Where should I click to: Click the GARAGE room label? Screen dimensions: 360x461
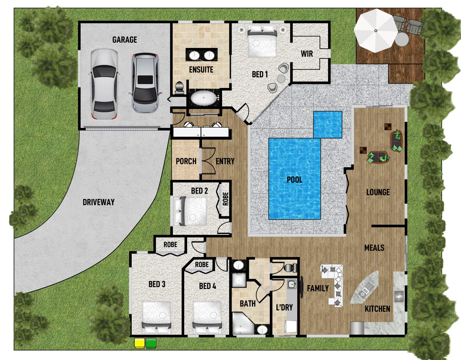click(124, 40)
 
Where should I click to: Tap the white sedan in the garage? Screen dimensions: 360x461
click(104, 84)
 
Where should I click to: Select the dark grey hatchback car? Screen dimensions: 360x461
click(145, 83)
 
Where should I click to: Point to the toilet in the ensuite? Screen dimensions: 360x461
click(179, 87)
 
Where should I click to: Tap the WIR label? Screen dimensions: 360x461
click(307, 54)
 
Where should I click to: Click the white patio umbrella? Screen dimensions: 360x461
click(376, 31)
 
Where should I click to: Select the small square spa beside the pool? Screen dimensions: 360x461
click(328, 124)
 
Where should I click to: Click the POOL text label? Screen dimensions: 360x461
click(294, 180)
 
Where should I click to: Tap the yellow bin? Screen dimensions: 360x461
click(139, 343)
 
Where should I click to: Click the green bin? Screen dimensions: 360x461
click(151, 343)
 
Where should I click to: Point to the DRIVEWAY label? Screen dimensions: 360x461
click(98, 202)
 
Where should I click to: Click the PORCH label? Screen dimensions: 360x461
click(186, 161)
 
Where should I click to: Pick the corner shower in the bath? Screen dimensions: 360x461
click(242, 323)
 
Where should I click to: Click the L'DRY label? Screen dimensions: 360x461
click(284, 307)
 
